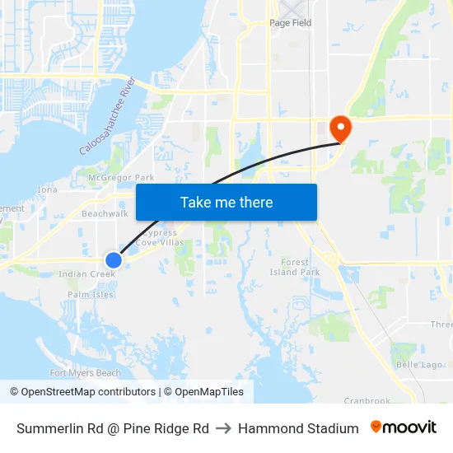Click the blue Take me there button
(226, 202)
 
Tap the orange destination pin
(339, 128)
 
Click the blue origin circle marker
(114, 260)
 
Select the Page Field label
(291, 23)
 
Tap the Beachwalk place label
(105, 213)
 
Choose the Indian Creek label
(86, 274)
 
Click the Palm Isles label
(91, 294)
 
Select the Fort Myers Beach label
(86, 373)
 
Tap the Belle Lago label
(420, 365)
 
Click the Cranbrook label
(367, 401)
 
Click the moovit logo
(404, 427)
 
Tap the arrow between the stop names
(223, 428)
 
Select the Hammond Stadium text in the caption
(298, 428)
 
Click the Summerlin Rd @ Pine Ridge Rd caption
(113, 428)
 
